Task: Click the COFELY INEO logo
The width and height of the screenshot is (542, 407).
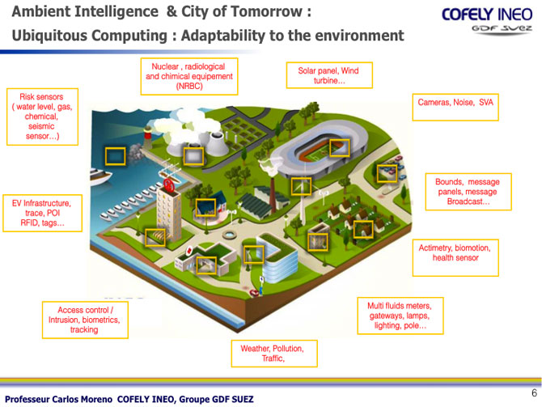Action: pos(487,20)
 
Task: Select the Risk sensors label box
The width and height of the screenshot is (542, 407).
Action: pos(42,117)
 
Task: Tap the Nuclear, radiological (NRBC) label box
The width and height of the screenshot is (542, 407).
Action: pos(189,76)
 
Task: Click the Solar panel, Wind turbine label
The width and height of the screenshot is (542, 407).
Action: pos(329,75)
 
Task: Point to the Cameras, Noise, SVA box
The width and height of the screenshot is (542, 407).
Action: pos(455,107)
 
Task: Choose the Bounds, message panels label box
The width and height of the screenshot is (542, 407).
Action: pos(468,192)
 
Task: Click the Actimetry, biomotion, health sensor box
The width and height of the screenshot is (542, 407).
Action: pos(455,257)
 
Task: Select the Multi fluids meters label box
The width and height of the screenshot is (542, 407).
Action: pos(400,316)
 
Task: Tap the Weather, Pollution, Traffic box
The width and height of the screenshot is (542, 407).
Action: pos(273,353)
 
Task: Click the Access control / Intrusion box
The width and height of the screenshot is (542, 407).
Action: pos(85,320)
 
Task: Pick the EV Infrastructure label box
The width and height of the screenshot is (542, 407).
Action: pos(42,213)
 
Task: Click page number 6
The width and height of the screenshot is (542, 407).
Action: pos(534,392)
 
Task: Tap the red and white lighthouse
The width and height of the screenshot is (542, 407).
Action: pos(147,136)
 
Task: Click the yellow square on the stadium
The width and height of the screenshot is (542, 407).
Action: pos(340,147)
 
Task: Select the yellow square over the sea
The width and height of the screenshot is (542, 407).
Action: pos(115,156)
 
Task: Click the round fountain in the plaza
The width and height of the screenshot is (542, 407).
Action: pos(228,235)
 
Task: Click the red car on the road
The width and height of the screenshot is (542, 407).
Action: pos(254,293)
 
